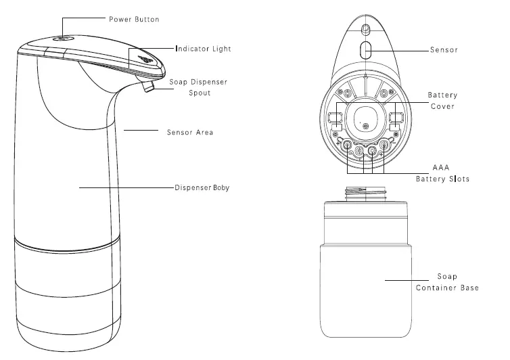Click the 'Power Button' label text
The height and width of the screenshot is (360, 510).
(134, 20)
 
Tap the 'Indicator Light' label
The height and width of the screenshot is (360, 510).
(203, 49)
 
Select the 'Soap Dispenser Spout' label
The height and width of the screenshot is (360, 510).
(198, 87)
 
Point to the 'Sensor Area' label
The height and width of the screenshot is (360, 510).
(190, 132)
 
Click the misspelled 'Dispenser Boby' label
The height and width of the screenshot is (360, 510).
(202, 187)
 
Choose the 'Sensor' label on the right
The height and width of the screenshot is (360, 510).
(444, 50)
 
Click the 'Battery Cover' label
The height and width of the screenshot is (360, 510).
(442, 102)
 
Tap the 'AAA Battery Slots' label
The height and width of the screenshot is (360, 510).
(442, 173)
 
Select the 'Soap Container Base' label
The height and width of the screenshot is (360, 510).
(446, 282)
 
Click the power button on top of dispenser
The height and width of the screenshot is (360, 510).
(61, 39)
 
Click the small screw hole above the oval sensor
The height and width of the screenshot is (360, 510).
(365, 30)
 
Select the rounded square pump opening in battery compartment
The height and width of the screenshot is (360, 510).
(365, 119)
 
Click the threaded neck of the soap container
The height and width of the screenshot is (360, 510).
(365, 195)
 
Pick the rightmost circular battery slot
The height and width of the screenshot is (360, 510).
(385, 144)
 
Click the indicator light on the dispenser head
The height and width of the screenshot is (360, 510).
(147, 60)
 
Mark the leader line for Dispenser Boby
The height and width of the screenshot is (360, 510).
(125, 187)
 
